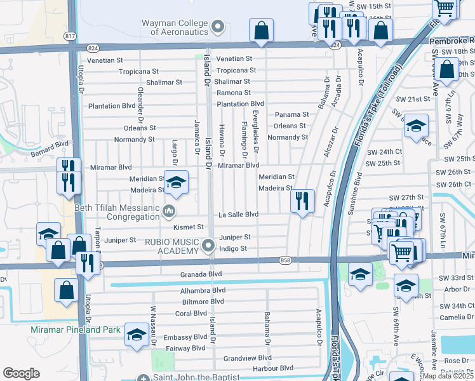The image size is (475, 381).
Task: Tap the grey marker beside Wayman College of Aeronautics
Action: tap(218, 27)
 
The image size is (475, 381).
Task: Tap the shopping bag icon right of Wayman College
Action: tap(261, 29)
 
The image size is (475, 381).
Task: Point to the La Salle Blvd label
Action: tap(238, 215)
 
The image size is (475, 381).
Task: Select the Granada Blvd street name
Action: tap(201, 274)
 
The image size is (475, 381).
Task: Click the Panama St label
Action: tap(291, 115)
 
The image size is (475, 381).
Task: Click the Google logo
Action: tap(21, 373)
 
